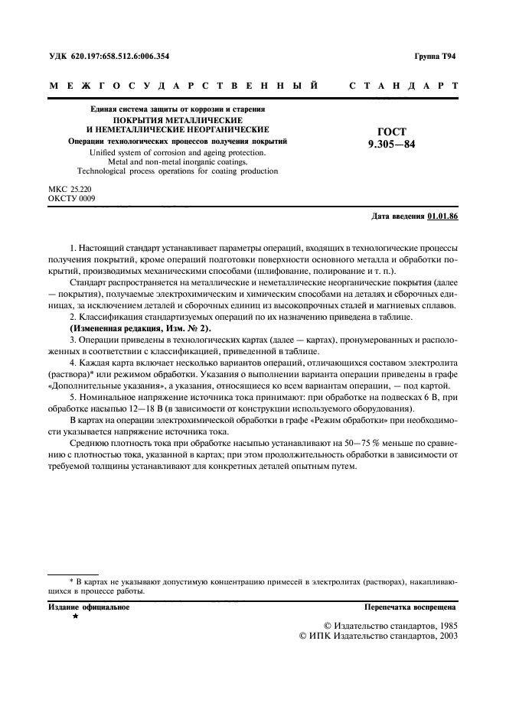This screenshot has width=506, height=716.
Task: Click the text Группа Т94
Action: [435, 56]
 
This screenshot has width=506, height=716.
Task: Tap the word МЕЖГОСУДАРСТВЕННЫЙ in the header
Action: [184, 86]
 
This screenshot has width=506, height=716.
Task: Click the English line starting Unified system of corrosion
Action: [178, 152]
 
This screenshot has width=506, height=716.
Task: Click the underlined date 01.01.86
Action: [442, 216]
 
